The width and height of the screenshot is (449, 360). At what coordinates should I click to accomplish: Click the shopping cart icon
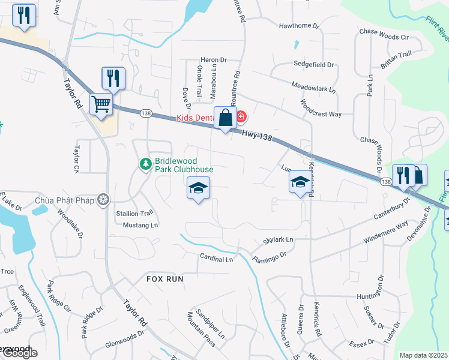pyautogui.click(x=101, y=104)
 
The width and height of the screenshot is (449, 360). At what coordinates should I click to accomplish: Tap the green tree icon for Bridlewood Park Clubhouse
pyautogui.click(x=145, y=163)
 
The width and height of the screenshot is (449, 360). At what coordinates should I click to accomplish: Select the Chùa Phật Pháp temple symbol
pyautogui.click(x=104, y=199)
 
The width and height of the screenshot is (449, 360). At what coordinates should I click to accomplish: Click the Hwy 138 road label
pyautogui.click(x=258, y=137)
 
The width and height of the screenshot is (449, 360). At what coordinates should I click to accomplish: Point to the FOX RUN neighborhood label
pyautogui.click(x=164, y=279)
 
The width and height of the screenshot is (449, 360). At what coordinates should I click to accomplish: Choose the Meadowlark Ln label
pyautogui.click(x=313, y=88)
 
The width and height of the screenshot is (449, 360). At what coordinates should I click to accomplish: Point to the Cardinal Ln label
pyautogui.click(x=216, y=259)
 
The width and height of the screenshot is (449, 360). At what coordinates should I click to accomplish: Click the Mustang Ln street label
pyautogui.click(x=140, y=225)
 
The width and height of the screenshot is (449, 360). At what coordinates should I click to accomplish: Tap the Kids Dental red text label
pyautogui.click(x=196, y=118)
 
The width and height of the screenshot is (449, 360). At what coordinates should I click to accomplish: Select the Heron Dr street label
pyautogui.click(x=214, y=60)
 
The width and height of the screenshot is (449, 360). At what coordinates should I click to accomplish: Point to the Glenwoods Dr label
pyautogui.click(x=125, y=340)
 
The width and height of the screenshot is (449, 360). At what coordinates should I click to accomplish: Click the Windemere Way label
pyautogui.click(x=385, y=232)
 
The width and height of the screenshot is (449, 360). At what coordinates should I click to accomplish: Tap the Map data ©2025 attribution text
pyautogui.click(x=424, y=355)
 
